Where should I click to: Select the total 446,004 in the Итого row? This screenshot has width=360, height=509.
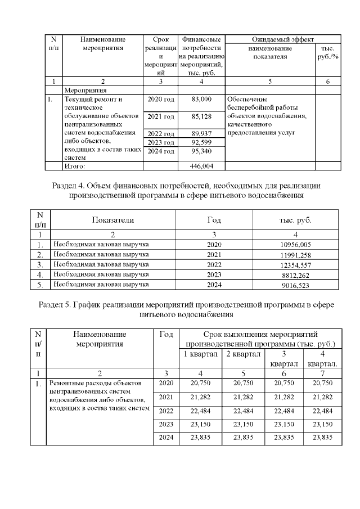coord(201,166)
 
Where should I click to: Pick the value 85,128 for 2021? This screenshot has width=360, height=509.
coord(201,116)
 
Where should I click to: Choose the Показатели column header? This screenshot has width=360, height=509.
coord(114,220)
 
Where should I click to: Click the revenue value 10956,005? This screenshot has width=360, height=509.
coord(296,245)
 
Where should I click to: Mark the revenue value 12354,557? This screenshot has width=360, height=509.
coord(296,264)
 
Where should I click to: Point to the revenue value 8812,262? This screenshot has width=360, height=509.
coord(296,274)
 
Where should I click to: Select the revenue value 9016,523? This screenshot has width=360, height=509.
coord(296,285)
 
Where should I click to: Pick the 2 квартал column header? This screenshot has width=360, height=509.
coord(243,354)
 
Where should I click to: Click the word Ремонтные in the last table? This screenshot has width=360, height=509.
coord(66,384)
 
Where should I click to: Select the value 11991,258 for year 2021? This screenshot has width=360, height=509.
coord(296,254)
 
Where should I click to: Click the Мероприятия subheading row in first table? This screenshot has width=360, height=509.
coord(86,89)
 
